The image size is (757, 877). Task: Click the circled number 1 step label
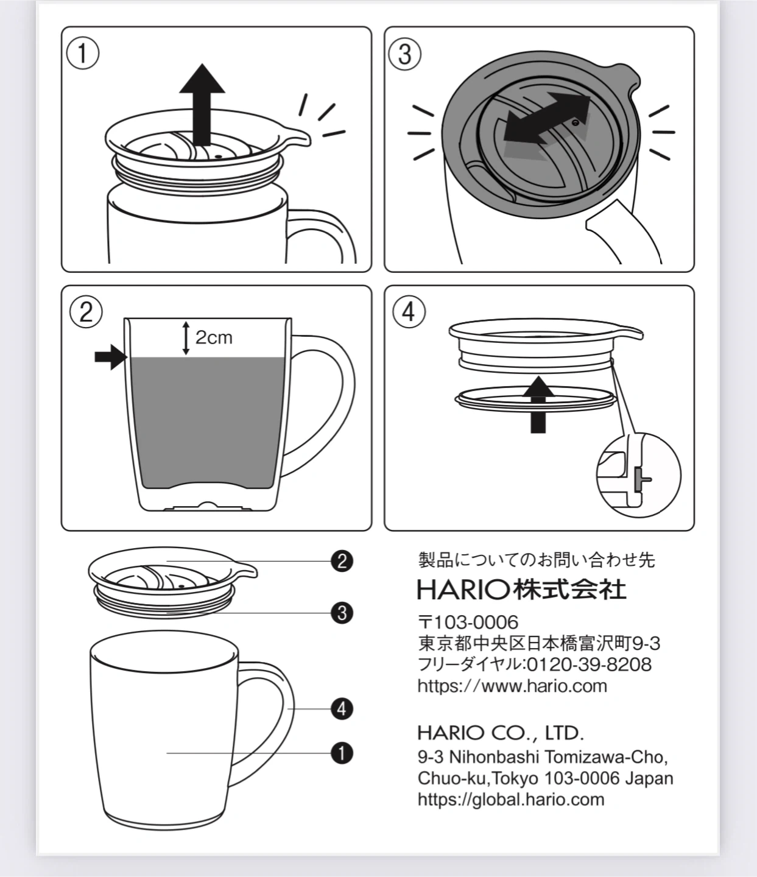click(x=83, y=54)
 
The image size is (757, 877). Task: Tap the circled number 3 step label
click(x=405, y=54)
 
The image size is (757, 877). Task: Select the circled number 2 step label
click(x=86, y=312)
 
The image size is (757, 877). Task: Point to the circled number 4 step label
click(x=409, y=312)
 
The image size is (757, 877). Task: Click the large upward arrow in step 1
click(x=202, y=104)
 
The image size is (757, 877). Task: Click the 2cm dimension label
click(x=214, y=338)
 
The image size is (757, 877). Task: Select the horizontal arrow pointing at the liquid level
click(x=111, y=357)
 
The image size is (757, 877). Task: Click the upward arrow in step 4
click(x=538, y=405)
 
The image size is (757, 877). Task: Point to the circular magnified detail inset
click(x=639, y=475)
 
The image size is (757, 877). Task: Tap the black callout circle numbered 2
click(x=342, y=561)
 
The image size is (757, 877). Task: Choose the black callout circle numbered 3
click(x=342, y=613)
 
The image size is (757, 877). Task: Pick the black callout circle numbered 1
click(x=342, y=753)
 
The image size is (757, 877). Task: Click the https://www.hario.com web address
click(x=512, y=686)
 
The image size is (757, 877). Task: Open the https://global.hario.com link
click(x=511, y=800)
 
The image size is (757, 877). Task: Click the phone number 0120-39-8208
click(x=589, y=664)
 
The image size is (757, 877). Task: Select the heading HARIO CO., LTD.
click(x=501, y=733)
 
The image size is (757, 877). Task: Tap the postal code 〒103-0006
click(x=468, y=622)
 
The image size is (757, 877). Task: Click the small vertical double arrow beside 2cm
click(x=186, y=338)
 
